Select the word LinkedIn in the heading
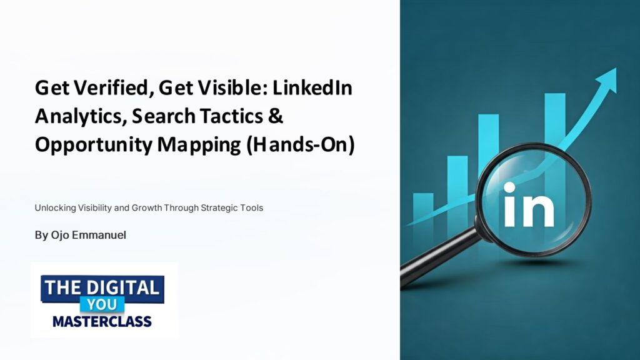[312, 87]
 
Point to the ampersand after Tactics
[276, 116]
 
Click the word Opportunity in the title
[94, 145]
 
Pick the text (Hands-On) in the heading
[301, 144]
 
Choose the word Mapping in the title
[199, 145]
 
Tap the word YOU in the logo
[102, 304]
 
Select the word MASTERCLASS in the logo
[102, 322]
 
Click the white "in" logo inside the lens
[529, 205]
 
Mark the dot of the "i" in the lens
[509, 187]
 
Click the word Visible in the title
[212, 87]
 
